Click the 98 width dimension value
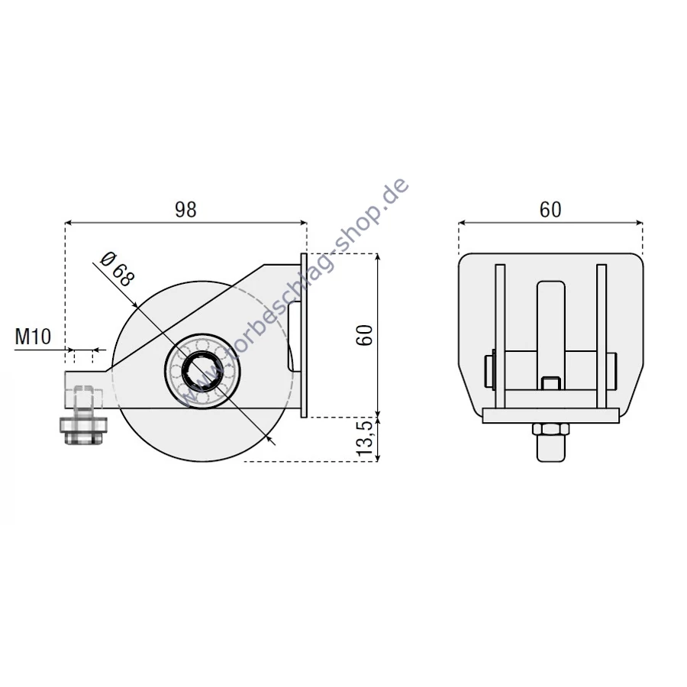[x=185, y=210]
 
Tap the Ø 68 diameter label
[x=117, y=269]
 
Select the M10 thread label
[x=33, y=337]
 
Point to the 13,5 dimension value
[x=365, y=438]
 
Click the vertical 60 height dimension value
[x=365, y=336]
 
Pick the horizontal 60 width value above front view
[x=550, y=210]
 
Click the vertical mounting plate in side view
[x=304, y=335]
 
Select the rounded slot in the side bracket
[x=291, y=336]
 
